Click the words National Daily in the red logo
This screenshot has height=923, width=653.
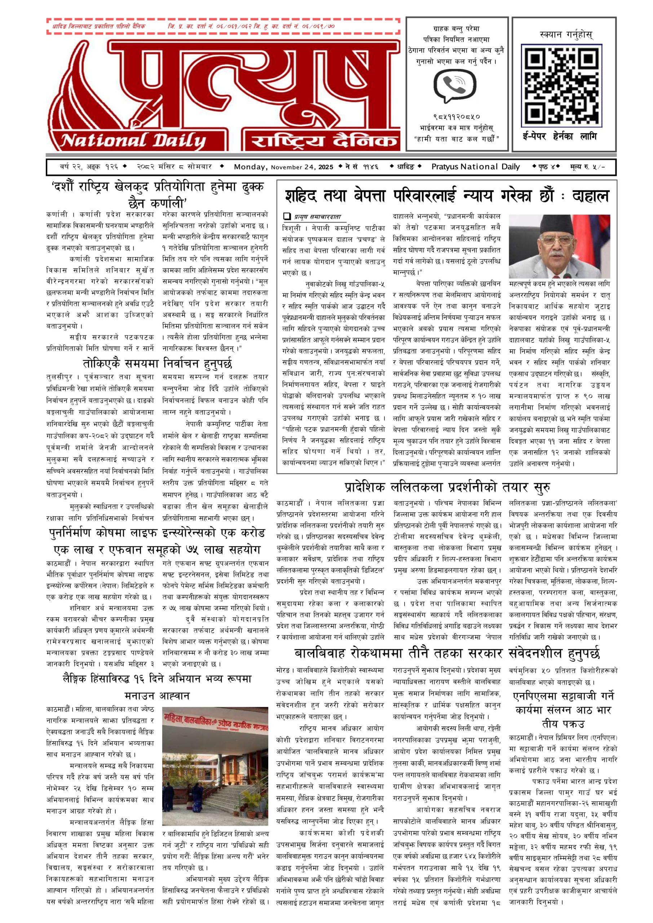click(133, 141)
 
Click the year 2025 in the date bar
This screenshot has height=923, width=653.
click(326, 167)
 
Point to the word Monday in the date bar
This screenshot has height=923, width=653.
click(251, 167)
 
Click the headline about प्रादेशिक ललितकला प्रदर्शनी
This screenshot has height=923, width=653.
click(447, 487)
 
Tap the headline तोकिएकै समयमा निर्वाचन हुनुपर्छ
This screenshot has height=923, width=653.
click(158, 364)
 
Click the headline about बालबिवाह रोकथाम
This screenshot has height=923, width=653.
click(447, 653)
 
